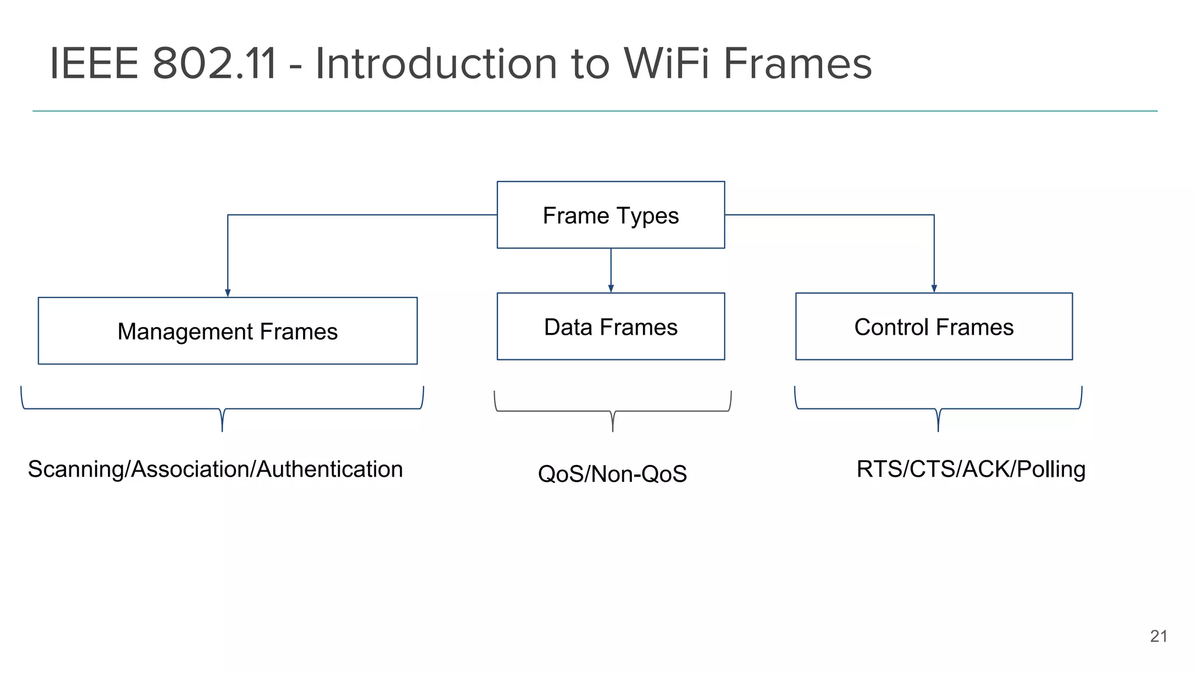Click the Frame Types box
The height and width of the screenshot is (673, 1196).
coord(610,215)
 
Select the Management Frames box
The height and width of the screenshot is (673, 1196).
coord(227,331)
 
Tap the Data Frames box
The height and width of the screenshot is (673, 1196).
coord(610,327)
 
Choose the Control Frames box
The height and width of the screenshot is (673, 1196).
coord(934,327)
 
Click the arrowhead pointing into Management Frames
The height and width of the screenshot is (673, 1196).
coord(228,293)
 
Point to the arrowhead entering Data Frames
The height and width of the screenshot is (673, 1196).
coord(611,289)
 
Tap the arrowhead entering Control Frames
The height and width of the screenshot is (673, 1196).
coord(934,289)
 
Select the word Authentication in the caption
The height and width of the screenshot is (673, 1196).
coord(329,470)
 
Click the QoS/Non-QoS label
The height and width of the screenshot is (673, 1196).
coord(612,474)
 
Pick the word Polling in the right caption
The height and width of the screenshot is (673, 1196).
coord(1051,470)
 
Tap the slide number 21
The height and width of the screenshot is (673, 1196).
coord(1158,636)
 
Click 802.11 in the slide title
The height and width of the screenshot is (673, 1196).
coord(214,63)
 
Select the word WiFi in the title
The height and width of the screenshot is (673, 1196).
coord(666,63)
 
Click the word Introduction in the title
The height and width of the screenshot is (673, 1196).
coord(436,63)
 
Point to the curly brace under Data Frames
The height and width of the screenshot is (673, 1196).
coord(613,411)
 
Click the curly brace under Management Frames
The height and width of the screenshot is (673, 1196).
coord(222,409)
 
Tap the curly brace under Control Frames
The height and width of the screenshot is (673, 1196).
coord(938,409)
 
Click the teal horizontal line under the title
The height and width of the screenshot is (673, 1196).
coord(594,111)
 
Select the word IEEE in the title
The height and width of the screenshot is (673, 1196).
coord(93,63)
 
